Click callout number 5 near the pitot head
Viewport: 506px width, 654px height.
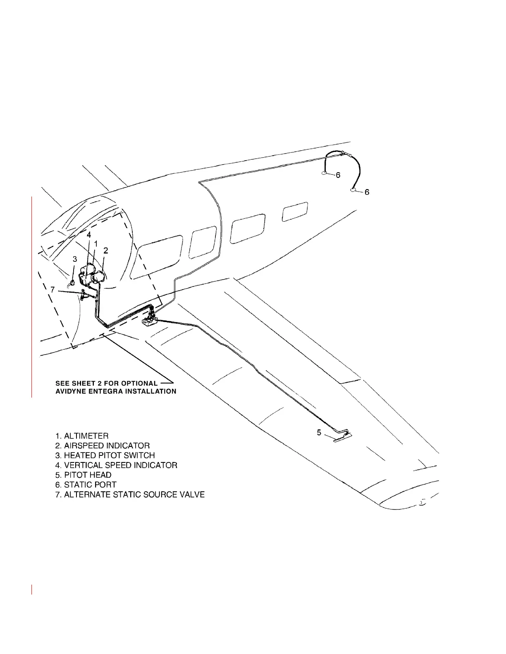coord(319,432)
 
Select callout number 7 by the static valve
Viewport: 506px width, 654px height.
coord(53,290)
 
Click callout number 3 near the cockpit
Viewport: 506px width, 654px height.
coord(75,259)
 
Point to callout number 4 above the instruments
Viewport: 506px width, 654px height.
coord(89,235)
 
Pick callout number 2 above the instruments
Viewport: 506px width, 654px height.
coord(106,250)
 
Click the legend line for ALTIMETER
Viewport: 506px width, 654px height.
coord(82,436)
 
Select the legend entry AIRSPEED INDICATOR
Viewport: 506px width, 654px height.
coord(103,446)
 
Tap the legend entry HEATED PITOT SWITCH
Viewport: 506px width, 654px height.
coord(105,455)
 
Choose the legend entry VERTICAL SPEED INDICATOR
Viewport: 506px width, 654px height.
coord(116,465)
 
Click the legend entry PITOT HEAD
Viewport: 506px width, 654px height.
coord(84,475)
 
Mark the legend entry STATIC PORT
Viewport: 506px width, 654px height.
coord(86,485)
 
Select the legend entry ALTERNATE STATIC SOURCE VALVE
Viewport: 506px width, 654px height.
coord(130,495)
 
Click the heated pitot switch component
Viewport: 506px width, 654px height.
coord(72,282)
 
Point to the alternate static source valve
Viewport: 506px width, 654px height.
coord(83,294)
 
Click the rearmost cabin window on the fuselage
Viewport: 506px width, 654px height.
coord(295,212)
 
